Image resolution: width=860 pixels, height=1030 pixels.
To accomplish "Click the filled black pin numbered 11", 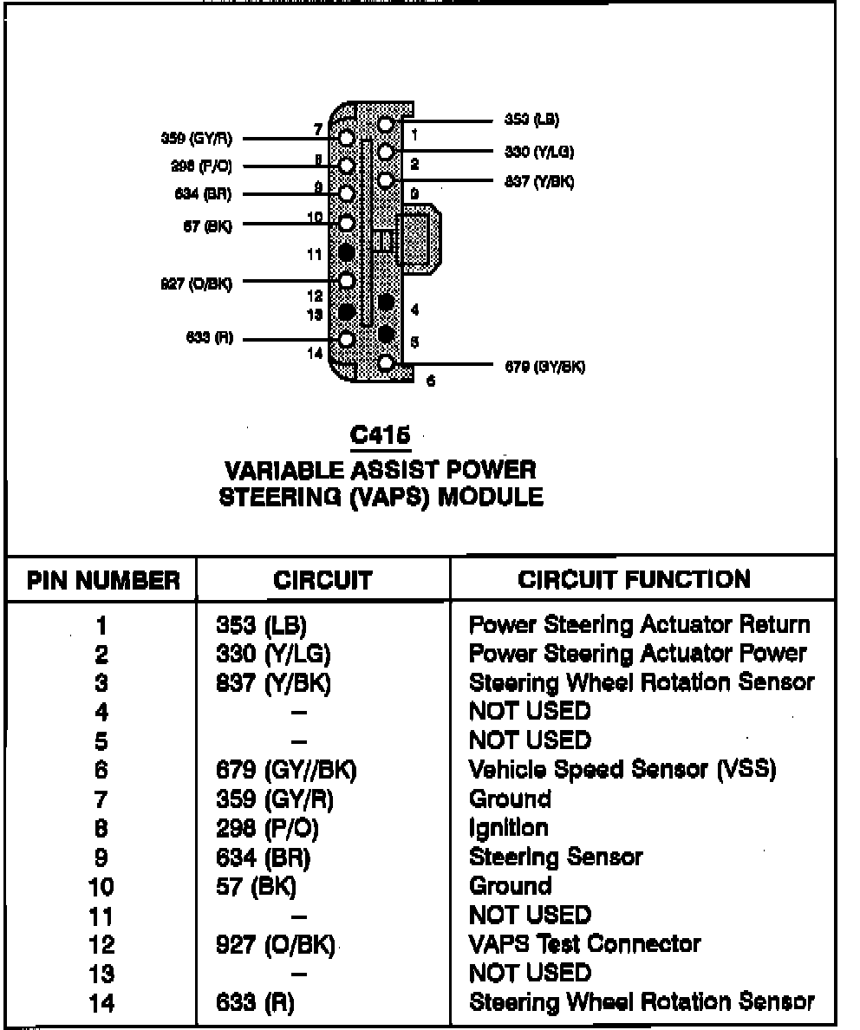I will (347, 253).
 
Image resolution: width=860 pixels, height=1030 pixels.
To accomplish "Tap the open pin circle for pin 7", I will (347, 138).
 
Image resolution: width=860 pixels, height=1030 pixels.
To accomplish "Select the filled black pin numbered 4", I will (387, 304).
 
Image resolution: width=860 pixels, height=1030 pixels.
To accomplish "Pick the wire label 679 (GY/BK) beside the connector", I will (544, 366).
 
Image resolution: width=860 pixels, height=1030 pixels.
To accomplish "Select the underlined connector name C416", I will (381, 435).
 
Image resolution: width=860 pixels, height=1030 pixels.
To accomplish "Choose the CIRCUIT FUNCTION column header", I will (635, 579).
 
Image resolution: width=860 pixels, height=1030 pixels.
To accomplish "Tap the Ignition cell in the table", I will (508, 828).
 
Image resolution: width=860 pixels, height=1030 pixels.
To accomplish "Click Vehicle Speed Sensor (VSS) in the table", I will (622, 769).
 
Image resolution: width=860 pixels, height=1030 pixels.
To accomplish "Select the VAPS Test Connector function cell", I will (584, 943).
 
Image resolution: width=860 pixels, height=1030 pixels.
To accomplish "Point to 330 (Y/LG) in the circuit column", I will (273, 653).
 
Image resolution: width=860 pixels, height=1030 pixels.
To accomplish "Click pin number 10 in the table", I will (101, 887).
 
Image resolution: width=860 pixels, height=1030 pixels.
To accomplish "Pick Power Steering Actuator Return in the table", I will (639, 624).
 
